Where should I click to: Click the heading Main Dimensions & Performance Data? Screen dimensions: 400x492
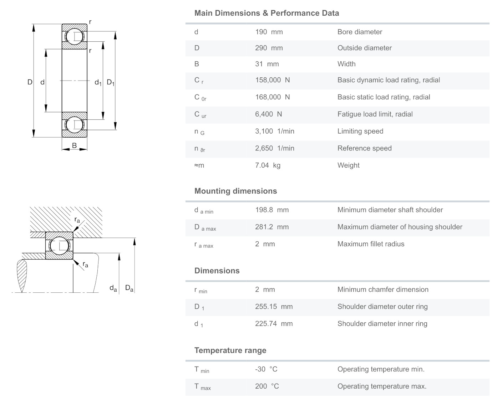tap(267, 13)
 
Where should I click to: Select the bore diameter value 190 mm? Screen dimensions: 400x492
tap(269, 32)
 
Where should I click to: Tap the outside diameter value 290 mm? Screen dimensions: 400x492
tap(269, 48)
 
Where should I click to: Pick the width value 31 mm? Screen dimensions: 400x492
tap(267, 64)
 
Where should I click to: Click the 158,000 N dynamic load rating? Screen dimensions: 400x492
tap(272, 80)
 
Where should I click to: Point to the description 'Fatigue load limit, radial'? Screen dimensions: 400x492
tap(375, 114)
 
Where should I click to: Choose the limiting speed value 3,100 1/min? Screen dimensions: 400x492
tap(274, 132)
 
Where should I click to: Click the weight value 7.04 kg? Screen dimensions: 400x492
tap(268, 165)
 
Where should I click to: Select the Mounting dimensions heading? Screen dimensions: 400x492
tap(235, 191)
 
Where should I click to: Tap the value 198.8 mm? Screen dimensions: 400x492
tap(272, 210)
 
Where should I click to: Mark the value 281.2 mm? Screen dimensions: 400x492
tap(272, 227)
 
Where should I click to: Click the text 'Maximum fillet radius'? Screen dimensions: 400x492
tap(371, 244)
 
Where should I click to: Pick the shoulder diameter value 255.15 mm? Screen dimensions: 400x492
tap(274, 307)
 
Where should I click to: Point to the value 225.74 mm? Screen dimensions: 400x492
tap(274, 324)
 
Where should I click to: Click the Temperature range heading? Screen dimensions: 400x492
tap(230, 350)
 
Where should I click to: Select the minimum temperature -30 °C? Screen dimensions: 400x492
tap(266, 369)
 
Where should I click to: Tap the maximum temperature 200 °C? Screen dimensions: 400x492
tap(267, 386)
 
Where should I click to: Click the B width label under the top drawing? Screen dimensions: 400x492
tap(74, 145)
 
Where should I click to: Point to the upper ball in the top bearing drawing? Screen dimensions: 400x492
tap(75, 36)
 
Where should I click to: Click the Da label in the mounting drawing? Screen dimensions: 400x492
tap(129, 288)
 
